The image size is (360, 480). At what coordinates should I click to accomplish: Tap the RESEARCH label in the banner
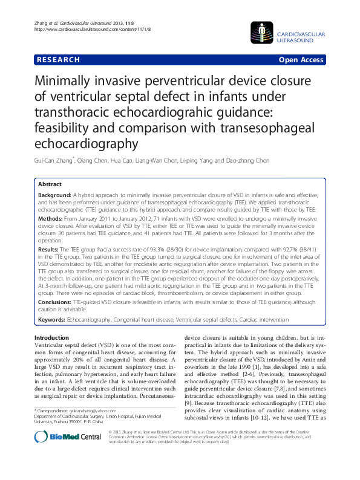click(x=58, y=60)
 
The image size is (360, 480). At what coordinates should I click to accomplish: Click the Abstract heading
click(x=50, y=184)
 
